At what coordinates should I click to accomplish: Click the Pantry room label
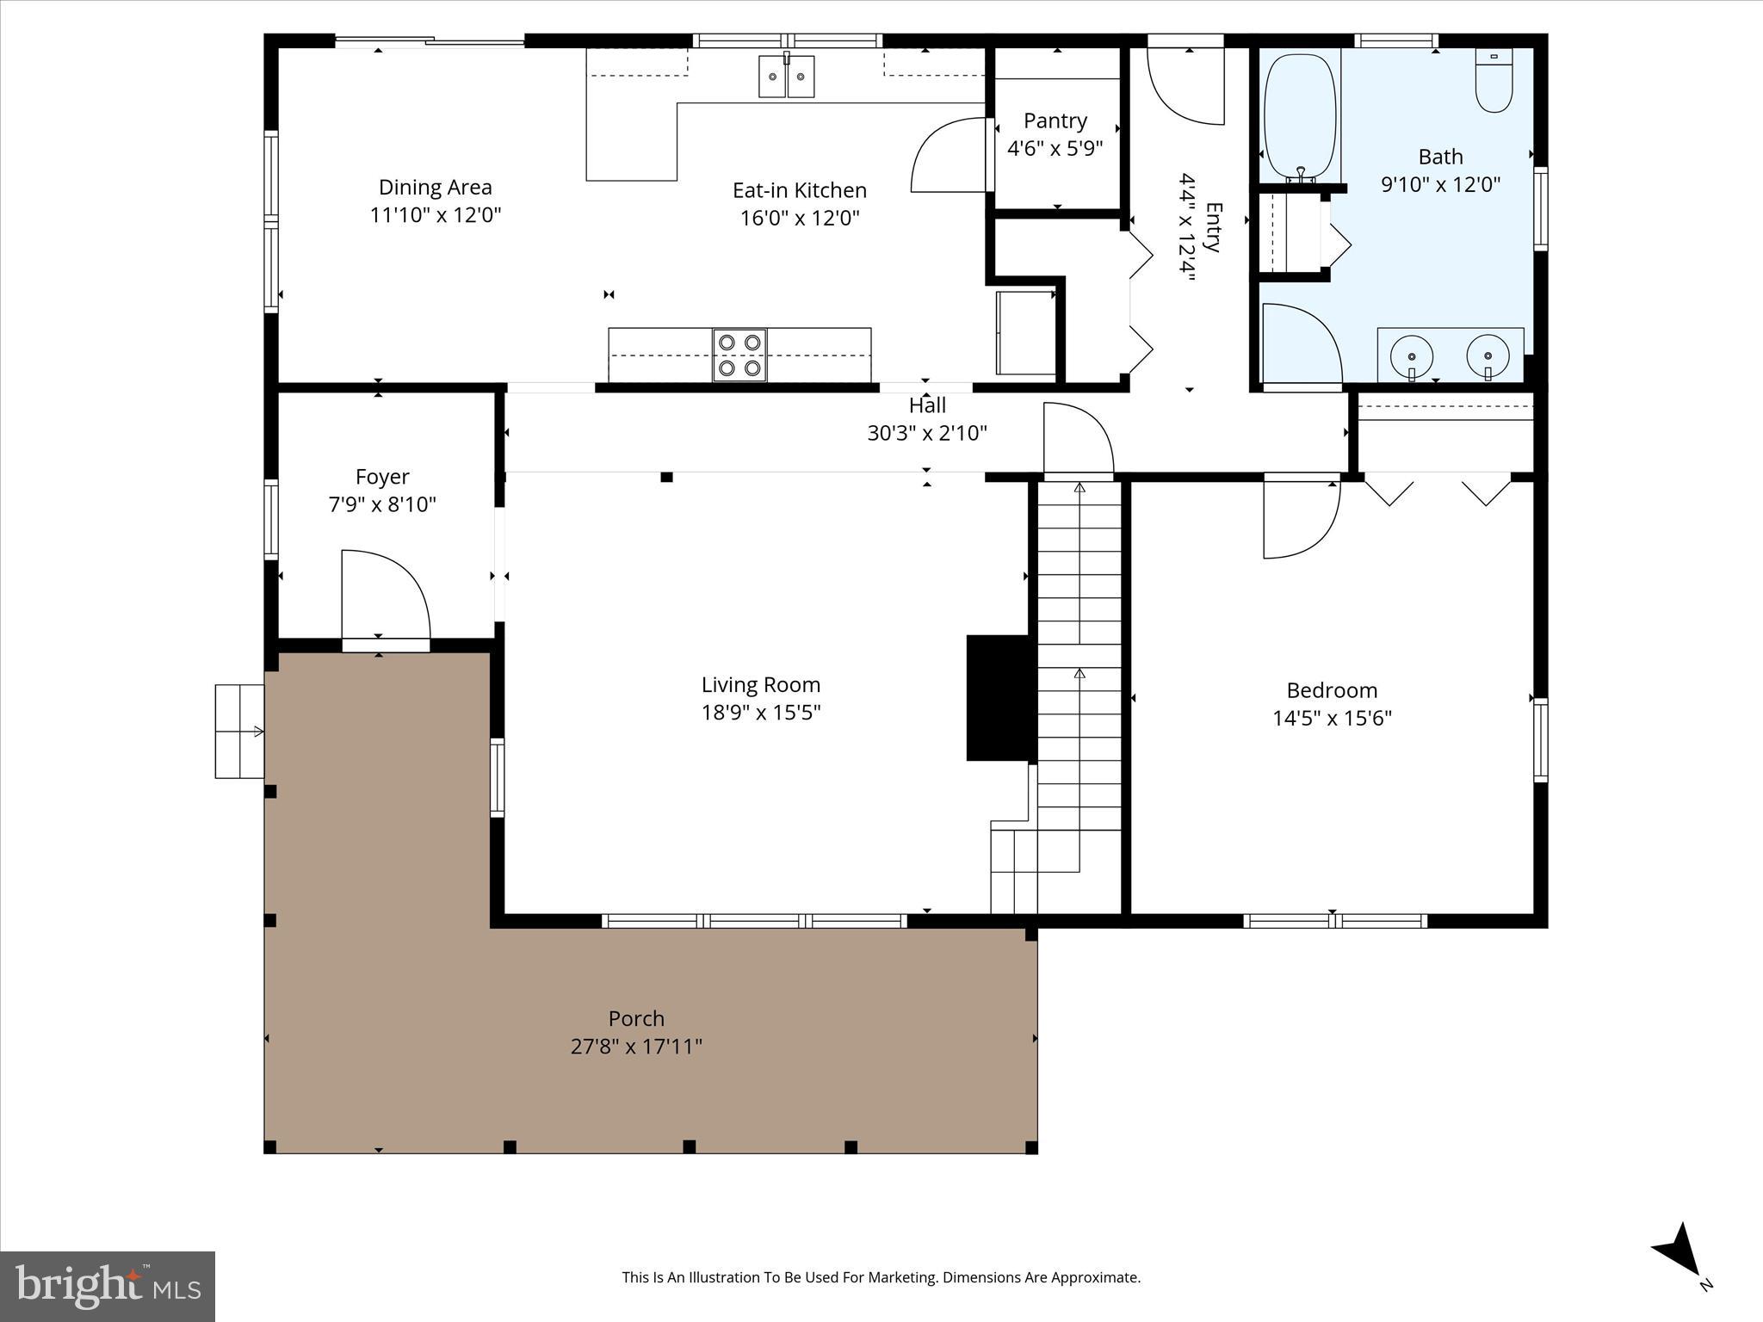[1055, 120]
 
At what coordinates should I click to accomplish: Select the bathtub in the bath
[1299, 116]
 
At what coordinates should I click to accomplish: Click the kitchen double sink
[787, 77]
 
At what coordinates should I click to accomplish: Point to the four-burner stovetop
[739, 355]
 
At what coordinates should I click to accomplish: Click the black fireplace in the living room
[998, 698]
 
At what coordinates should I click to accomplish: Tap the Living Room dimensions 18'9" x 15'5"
[761, 713]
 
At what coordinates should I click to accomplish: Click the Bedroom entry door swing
[1300, 518]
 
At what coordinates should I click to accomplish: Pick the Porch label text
[636, 1018]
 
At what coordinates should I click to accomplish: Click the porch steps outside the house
[239, 732]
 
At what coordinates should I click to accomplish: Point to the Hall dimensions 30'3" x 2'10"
[926, 433]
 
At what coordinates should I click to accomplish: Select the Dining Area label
[436, 187]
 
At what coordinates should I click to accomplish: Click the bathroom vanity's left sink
[1412, 355]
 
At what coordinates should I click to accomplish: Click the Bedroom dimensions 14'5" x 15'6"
[1332, 718]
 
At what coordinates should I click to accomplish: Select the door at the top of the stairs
[1078, 440]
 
